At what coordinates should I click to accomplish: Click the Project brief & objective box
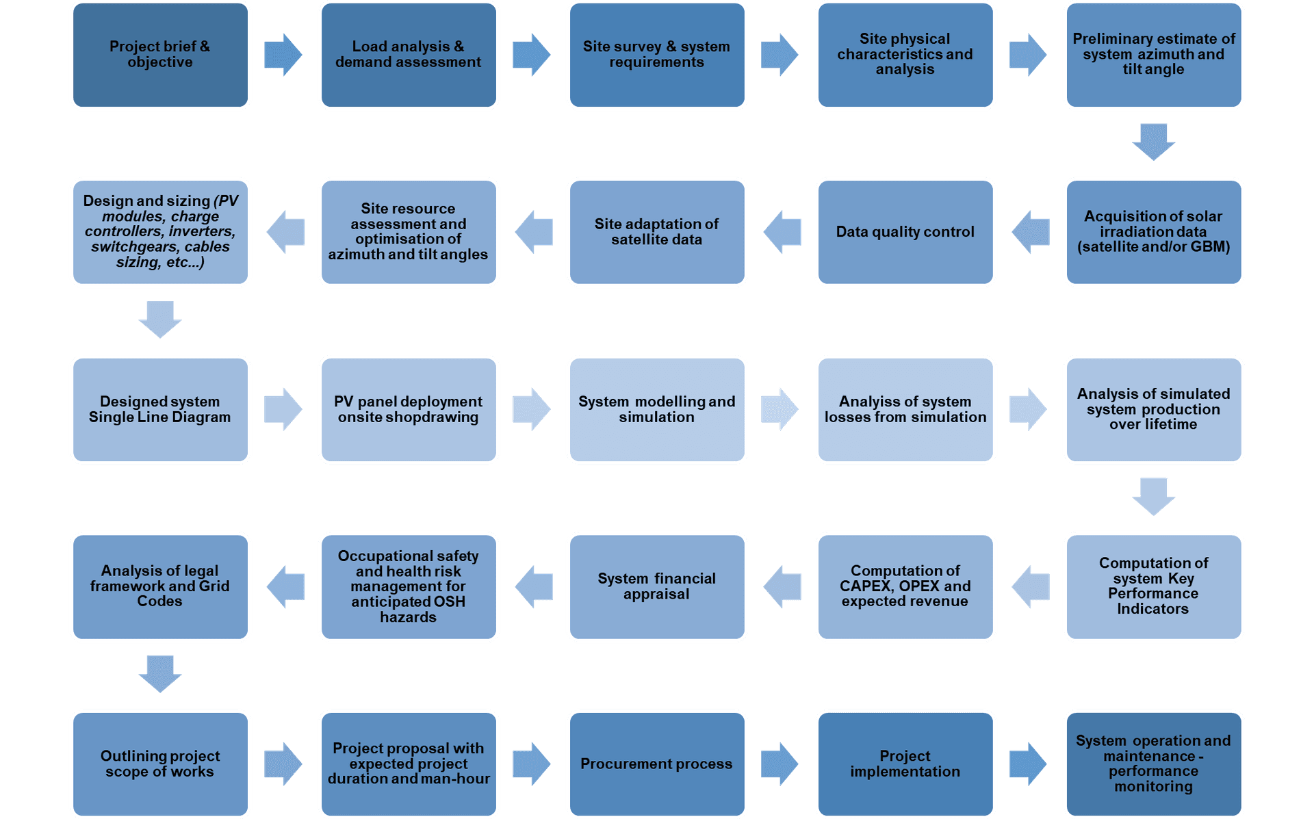[160, 55]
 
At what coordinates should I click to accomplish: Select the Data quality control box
[905, 232]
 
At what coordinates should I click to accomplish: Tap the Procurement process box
[656, 764]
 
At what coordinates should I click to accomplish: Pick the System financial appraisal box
[656, 586]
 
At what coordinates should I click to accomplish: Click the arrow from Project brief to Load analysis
[283, 55]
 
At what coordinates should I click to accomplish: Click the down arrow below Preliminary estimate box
[1153, 142]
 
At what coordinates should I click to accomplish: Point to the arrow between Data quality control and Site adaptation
[782, 232]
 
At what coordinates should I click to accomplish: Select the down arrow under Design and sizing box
[160, 320]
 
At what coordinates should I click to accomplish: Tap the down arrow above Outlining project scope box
[160, 674]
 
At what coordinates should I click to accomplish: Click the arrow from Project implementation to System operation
[1028, 764]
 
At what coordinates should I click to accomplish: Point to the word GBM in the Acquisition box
[1208, 247]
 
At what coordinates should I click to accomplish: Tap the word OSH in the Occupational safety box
[449, 602]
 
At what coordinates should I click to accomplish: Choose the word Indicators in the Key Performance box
[1153, 609]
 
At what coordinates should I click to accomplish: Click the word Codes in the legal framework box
[159, 601]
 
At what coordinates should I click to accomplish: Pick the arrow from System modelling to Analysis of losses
[779, 409]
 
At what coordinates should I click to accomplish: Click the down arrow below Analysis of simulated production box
[1153, 496]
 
